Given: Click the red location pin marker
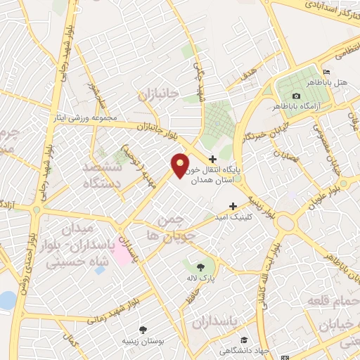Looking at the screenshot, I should click(181, 165).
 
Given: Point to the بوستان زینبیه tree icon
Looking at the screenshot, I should click(144, 329).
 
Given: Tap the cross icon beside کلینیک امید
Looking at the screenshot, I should click(233, 207).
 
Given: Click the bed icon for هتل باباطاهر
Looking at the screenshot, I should click(325, 73).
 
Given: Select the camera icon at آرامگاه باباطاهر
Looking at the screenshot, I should click(296, 96).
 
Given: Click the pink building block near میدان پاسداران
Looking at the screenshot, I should click(121, 255).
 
